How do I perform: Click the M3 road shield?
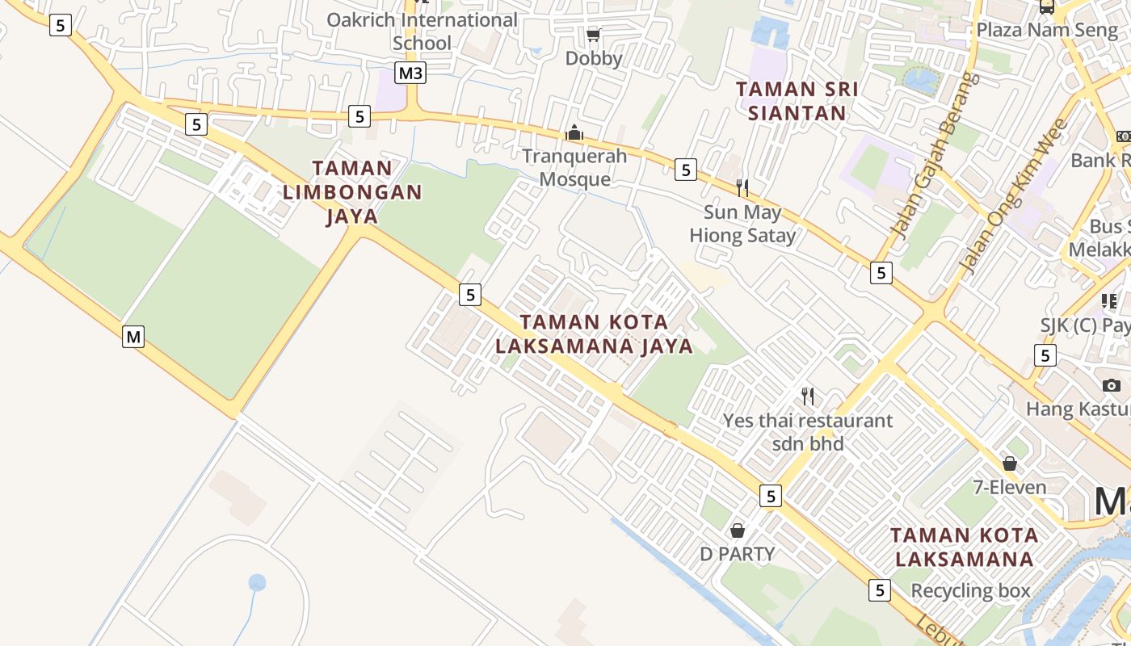click(410, 73)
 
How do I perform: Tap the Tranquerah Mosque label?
click(574, 167)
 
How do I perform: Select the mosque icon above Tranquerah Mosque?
click(574, 132)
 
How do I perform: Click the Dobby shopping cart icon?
click(594, 35)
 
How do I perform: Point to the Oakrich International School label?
click(422, 31)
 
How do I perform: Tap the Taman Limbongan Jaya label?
click(352, 192)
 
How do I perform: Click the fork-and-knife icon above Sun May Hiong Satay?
click(742, 188)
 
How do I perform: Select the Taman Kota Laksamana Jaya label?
click(594, 334)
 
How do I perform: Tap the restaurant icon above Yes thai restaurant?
click(808, 396)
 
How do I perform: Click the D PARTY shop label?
click(737, 554)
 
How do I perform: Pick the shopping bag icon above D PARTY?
click(737, 531)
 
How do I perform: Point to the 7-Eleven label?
click(1010, 487)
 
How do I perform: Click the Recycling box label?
click(970, 590)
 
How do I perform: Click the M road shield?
click(133, 336)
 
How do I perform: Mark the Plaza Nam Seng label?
click(1047, 30)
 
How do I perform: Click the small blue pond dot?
click(257, 582)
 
